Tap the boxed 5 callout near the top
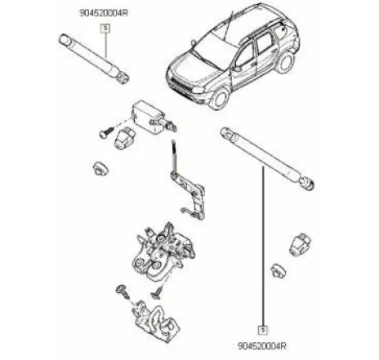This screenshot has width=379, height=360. coord(104,27)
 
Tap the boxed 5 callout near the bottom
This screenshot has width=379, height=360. coord(263,331)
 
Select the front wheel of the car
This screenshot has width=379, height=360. coord(219,98)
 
